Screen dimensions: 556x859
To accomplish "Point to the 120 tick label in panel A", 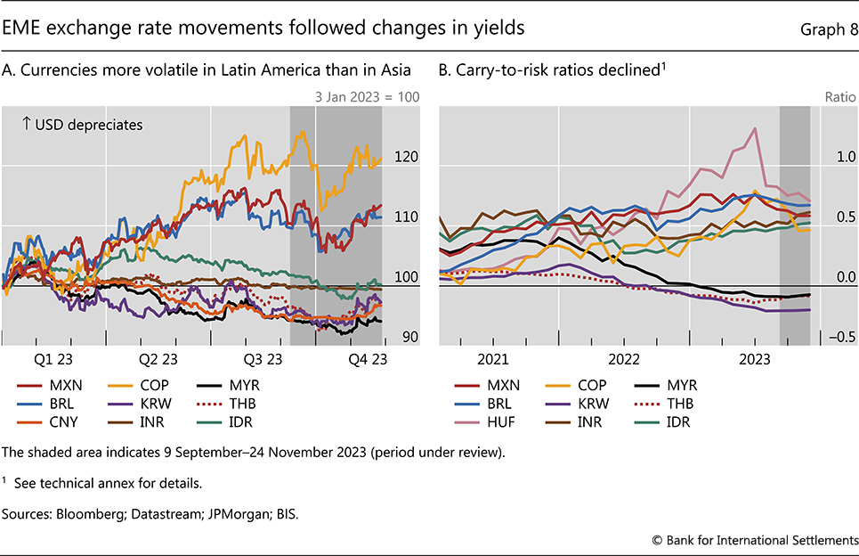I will click(x=405, y=157).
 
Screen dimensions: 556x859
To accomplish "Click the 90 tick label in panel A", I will click(x=409, y=337).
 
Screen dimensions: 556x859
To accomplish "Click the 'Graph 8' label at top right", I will click(x=830, y=30).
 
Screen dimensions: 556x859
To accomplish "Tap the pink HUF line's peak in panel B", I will click(x=755, y=128).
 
